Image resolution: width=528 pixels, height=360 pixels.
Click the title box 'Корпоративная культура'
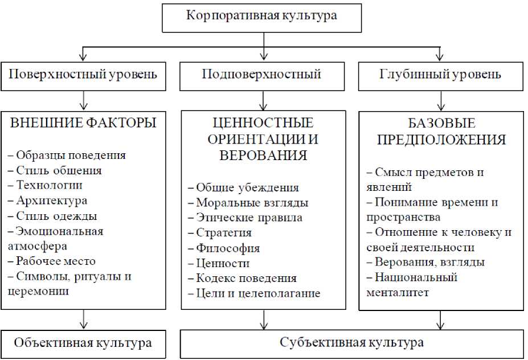pyautogui.click(x=263, y=16)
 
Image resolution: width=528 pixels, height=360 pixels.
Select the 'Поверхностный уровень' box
pyautogui.click(x=83, y=75)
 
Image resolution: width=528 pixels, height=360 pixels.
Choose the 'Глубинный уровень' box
pyautogui.click(x=440, y=75)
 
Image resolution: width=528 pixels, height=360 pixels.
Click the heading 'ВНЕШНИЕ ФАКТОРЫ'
pyautogui.click(x=84, y=122)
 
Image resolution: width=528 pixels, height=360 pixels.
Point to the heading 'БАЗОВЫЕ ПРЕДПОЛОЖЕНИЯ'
pyautogui.click(x=441, y=132)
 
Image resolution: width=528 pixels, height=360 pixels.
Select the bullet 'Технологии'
pyautogui.click(x=49, y=185)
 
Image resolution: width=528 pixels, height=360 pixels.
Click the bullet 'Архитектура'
pyautogui.click(x=52, y=201)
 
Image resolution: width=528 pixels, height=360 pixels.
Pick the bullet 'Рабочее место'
pyautogui.click(x=56, y=261)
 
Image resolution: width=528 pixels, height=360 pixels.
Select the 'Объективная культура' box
pyautogui.click(x=83, y=343)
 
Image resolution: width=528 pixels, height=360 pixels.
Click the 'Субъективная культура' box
pyautogui.click(x=352, y=343)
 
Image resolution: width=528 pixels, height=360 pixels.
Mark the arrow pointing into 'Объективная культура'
pyautogui.click(x=84, y=319)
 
